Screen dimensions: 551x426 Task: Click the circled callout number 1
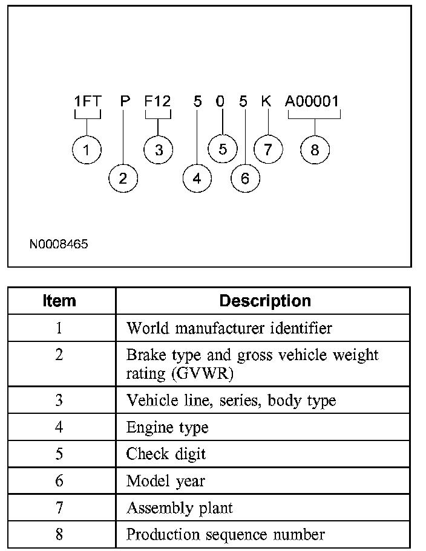[87, 150]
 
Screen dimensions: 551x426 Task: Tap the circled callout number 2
[123, 178]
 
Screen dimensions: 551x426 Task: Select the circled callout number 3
[159, 150]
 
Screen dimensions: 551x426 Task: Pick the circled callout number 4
[197, 178]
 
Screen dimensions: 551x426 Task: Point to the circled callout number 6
[245, 178]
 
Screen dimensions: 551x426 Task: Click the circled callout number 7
[268, 149]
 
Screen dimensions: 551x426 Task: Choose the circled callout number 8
[315, 150]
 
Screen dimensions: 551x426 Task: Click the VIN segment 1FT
[88, 101]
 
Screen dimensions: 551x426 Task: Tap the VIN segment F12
[157, 101]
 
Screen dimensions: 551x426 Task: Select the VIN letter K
[266, 101]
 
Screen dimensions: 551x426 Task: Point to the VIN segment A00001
[312, 101]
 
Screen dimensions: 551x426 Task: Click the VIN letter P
[125, 101]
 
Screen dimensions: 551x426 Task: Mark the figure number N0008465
[59, 245]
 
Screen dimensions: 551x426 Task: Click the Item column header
[59, 301]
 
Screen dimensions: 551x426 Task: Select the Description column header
[265, 301]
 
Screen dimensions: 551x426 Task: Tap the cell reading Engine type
[167, 428]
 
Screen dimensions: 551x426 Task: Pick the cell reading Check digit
[166, 454]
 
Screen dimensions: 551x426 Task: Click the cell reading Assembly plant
[179, 508]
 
